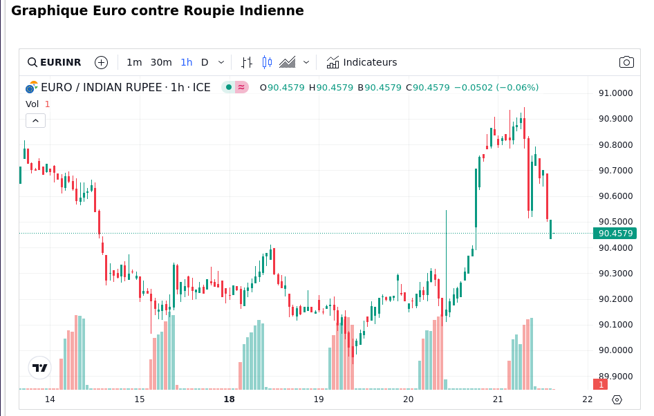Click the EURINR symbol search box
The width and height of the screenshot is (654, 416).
[54, 62]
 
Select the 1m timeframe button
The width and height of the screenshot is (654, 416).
[134, 62]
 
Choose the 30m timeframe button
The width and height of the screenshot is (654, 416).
[161, 62]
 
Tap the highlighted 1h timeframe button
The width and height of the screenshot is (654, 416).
[187, 62]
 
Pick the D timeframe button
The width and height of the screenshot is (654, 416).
[205, 62]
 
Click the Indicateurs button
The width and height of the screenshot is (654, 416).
[362, 62]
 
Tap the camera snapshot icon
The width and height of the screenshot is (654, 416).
[626, 62]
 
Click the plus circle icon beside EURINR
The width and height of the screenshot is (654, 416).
[102, 62]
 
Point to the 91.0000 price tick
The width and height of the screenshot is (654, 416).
[615, 93]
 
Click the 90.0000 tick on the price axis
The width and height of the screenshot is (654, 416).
[615, 350]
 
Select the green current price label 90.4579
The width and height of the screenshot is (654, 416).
[615, 234]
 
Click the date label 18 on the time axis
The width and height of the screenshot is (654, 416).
[229, 399]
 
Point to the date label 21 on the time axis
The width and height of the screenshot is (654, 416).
[498, 399]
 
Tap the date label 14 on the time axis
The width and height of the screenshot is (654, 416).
[50, 399]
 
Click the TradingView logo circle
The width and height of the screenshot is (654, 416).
[40, 368]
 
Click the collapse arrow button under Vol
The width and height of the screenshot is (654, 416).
[36, 120]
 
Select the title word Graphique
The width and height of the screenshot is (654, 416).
[44, 11]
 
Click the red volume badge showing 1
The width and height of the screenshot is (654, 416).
[601, 384]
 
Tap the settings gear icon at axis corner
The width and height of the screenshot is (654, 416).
[617, 399]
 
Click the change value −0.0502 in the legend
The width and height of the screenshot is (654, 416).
[474, 88]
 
